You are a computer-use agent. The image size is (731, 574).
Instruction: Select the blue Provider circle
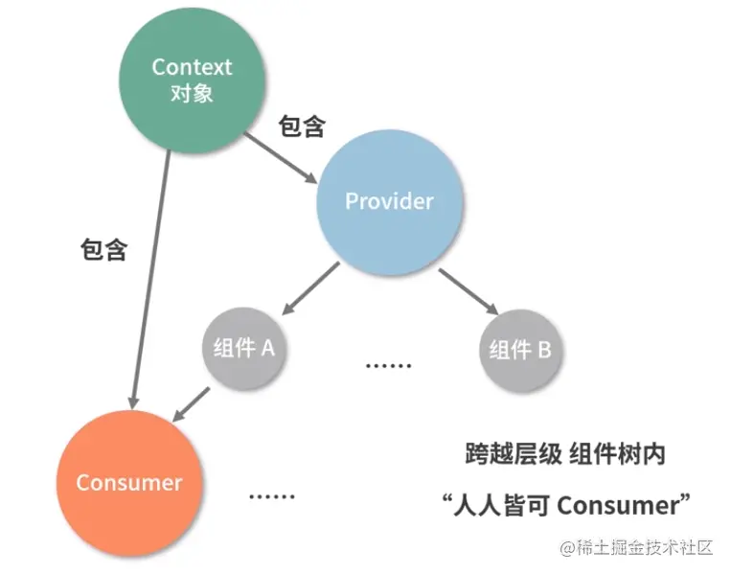(x=390, y=201)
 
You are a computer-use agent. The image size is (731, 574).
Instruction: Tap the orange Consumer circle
(x=129, y=482)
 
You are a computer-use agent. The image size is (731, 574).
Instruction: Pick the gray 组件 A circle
(x=243, y=348)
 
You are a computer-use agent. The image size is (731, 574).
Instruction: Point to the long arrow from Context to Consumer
(x=150, y=278)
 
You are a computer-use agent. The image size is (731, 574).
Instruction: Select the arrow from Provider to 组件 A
(x=311, y=287)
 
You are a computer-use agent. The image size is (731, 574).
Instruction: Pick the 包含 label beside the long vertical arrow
(x=103, y=251)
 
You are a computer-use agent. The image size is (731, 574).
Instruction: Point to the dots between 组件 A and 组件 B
(x=389, y=366)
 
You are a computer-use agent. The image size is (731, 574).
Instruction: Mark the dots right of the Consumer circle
(x=272, y=495)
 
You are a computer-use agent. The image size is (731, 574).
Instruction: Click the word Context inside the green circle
(x=192, y=67)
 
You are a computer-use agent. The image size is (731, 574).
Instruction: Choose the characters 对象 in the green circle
(x=192, y=93)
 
